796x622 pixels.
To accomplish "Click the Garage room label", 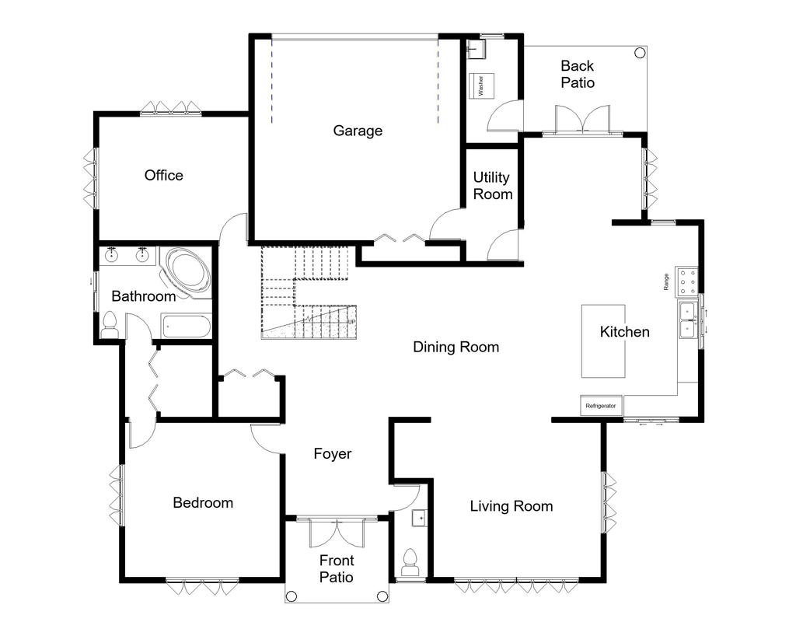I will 358,131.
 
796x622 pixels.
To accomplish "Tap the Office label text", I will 164,176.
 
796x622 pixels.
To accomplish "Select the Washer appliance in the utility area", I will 481,86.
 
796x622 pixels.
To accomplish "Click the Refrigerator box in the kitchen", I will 601,406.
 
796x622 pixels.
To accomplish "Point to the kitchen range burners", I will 688,281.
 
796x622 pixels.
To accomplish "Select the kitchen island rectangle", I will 603,341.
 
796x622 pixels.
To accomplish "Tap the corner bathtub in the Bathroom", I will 187,271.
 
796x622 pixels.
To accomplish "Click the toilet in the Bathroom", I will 110,326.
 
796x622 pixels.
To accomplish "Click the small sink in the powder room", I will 419,517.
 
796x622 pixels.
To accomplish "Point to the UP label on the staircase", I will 351,322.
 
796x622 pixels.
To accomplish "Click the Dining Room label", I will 456,347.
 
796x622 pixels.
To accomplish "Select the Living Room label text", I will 511,506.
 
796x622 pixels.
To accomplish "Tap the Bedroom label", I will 203,503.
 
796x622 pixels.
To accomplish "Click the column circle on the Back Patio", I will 639,54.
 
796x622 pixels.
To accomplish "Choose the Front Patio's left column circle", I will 292,596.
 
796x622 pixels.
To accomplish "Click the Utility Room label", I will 493,186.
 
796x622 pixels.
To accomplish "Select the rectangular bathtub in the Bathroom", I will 185,327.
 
